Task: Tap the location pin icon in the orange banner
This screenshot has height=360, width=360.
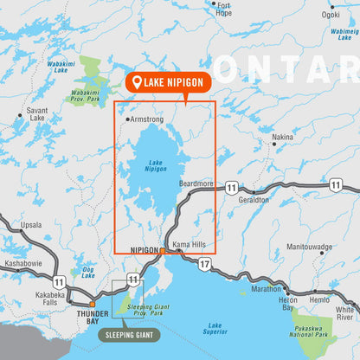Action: [x=136, y=82]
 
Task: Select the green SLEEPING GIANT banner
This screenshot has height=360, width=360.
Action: [x=126, y=333]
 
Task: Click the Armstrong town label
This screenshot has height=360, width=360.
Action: [x=146, y=120]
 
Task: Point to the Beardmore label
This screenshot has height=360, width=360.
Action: [x=196, y=183]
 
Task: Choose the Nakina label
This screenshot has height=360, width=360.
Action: [x=281, y=137]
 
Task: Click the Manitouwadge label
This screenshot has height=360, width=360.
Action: [x=309, y=247]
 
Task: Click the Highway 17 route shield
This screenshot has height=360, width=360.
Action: [x=204, y=262]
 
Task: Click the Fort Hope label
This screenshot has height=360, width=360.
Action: [x=223, y=9]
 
